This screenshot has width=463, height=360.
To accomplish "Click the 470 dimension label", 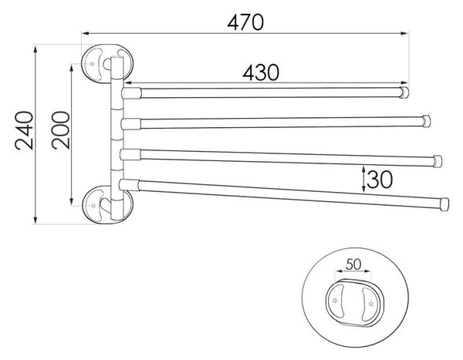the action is point(245,22).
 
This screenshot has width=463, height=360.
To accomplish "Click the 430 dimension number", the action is point(261,72).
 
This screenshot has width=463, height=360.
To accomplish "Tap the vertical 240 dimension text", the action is point(25,130).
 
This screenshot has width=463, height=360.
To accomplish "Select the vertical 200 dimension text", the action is point(61,130).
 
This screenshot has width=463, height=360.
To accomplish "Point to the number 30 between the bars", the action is point(380,180).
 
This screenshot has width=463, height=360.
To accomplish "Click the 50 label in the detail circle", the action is point(353,264).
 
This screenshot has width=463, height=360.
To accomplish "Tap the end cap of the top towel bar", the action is point(404,93).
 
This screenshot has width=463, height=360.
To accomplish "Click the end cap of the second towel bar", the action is point(426,121).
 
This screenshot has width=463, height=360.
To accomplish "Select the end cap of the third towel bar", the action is point(438,161).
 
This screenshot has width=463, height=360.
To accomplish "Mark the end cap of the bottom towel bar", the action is point(444,204).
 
